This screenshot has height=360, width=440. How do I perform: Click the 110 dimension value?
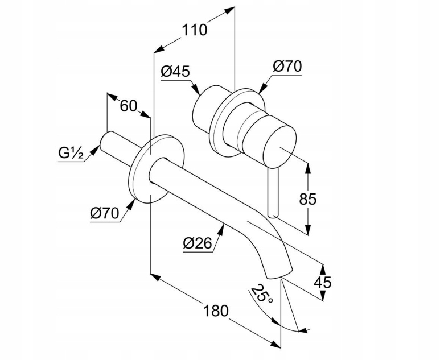[195, 29]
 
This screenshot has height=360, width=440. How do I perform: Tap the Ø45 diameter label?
[175, 71]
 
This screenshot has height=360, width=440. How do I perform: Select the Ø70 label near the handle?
[287, 67]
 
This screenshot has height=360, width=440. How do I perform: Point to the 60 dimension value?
[129, 106]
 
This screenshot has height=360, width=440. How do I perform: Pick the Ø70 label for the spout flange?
[104, 213]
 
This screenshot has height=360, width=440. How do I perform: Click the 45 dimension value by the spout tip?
[322, 283]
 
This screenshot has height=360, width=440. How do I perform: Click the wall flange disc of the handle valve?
[228, 121]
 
